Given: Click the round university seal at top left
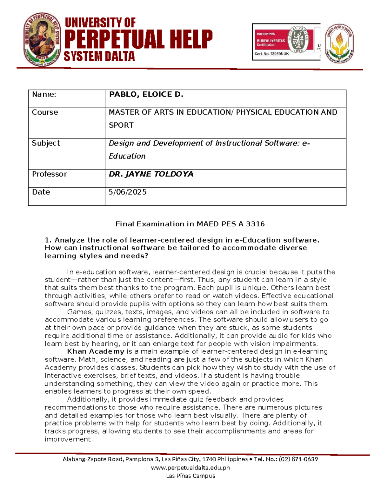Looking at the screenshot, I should pos(42,40).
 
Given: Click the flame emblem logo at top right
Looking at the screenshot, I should pos(339,43).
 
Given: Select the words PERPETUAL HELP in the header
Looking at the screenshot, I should pos(138,39).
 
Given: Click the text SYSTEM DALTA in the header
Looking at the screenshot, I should pos(99,57).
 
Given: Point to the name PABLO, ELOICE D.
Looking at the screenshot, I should pos(146,95).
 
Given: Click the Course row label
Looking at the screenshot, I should pos(45,112).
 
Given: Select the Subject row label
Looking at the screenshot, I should pos(46,143).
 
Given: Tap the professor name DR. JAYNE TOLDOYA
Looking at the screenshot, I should pos(151,174).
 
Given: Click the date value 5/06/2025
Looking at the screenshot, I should pos(127,192).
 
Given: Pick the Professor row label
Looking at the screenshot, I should pos(49,174).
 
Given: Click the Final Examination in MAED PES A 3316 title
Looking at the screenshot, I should pos(190,224).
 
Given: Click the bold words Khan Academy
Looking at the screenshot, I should pos(96,351).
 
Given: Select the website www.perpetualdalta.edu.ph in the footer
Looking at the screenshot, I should pos(190,467).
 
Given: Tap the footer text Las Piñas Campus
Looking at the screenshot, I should pos(190,476).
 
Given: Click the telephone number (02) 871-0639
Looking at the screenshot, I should pos(298,459).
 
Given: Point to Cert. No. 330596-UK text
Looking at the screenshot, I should pos(272,54).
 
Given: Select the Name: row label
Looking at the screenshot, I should pos(44,95).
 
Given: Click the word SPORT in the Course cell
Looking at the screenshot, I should pos(121,125).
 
